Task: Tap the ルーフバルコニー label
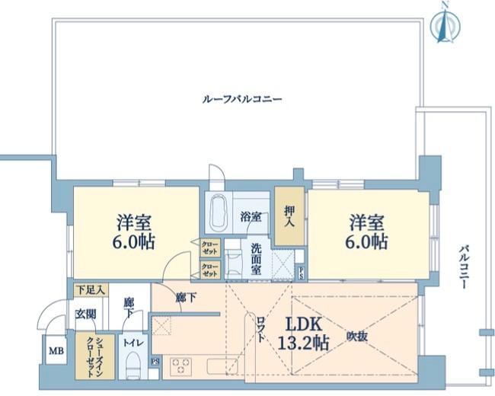pos(242,99)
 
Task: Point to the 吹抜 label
pos(358,335)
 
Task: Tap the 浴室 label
pos(251,216)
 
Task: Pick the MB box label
pos(56,351)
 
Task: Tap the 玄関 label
pos(85,314)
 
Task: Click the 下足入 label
pos(91,290)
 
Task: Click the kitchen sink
pos(222,366)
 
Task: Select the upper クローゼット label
pos(209,247)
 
